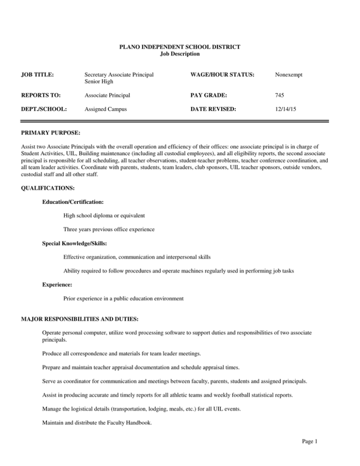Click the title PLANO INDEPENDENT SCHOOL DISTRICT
[x=180, y=47]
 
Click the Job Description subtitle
[x=180, y=54]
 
